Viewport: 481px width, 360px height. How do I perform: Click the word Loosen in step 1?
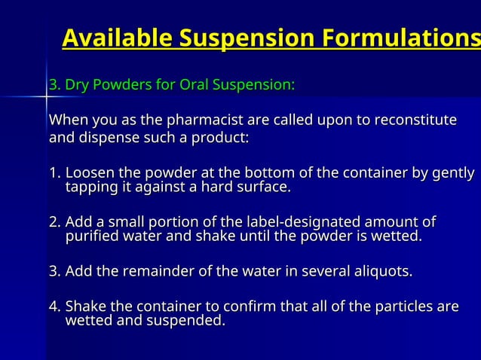[88, 174]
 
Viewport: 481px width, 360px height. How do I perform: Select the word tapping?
[89, 187]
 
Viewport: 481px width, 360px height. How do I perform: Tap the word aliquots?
[380, 271]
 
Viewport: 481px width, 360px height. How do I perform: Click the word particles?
[408, 307]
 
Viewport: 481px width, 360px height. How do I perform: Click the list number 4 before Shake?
[54, 307]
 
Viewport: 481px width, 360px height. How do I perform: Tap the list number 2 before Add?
[54, 222]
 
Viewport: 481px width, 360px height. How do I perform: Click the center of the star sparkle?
[46, 96]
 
